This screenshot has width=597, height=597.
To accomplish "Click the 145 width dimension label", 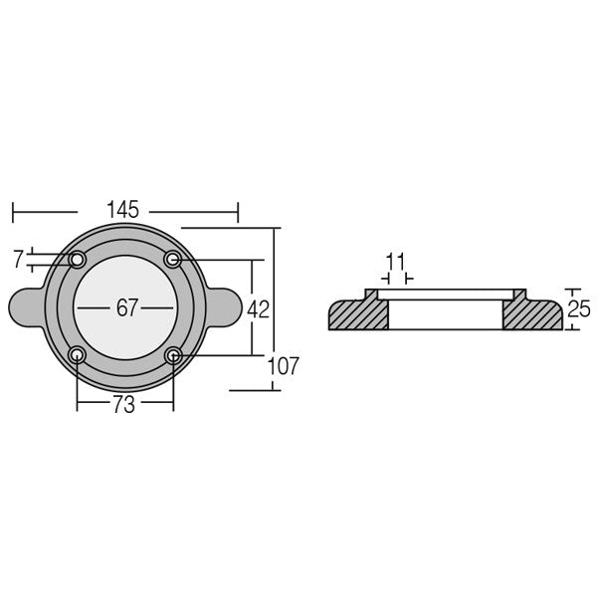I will coord(126,211).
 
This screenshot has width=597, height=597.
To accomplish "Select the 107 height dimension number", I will coord(283,366).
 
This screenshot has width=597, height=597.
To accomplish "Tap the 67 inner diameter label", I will coord(126,307).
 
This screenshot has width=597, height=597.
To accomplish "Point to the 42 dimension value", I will coord(258,308).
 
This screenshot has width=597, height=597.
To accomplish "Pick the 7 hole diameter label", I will coord(18,260).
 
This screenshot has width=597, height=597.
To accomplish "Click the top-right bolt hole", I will coord(173,260).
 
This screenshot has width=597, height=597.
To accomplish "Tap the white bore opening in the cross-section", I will coord(445,313).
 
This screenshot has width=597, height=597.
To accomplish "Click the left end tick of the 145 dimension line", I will coord(12,212).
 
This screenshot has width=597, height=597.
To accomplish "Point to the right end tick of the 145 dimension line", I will coord(239,212).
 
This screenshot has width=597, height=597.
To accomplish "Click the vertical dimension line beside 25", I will coord(566,308).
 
